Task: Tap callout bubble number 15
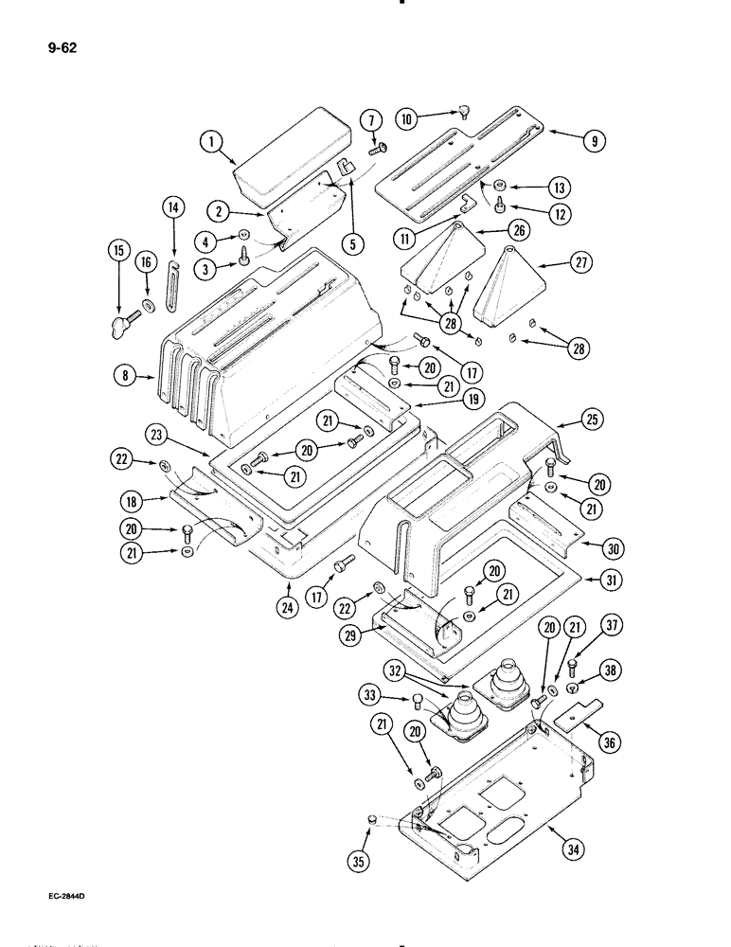tap(118, 251)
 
